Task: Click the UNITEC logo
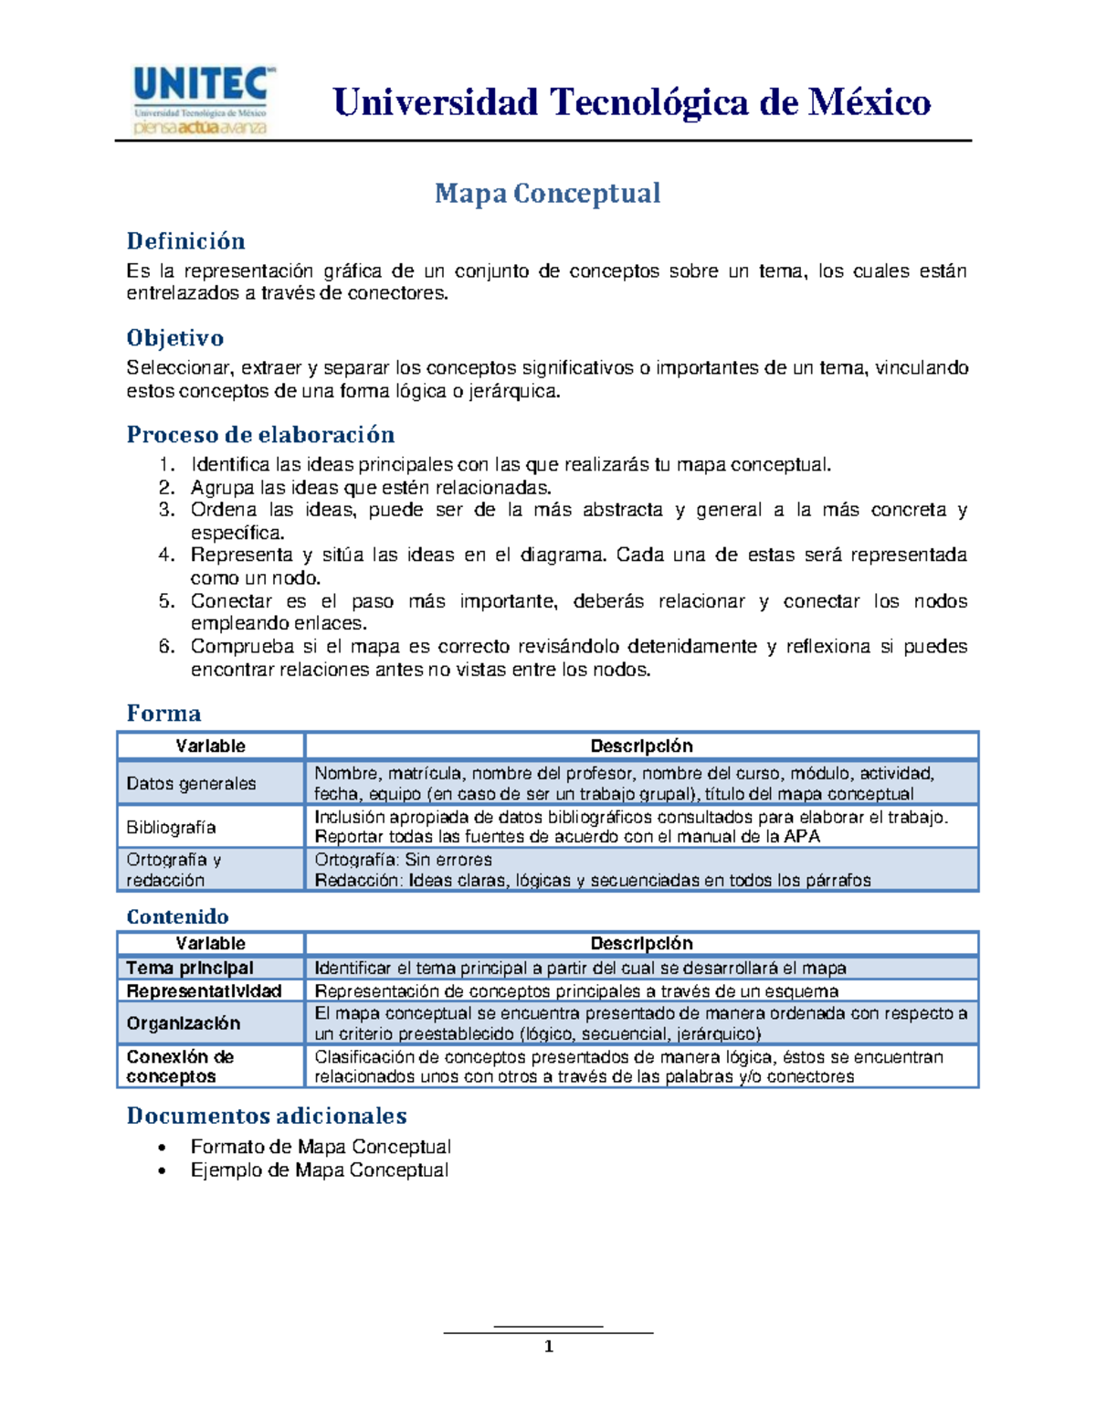pos(201,100)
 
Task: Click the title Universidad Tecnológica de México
pos(632,102)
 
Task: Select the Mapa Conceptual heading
pos(547,193)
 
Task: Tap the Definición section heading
pos(185,241)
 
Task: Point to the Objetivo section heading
pos(174,338)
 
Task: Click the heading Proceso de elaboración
pos(260,434)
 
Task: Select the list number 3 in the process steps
pos(166,510)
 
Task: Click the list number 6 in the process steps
pos(166,647)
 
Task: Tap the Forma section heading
pos(163,713)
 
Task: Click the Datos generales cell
pos(192,783)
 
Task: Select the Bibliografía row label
pos(172,827)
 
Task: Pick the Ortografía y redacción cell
pos(174,870)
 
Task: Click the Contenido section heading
pos(177,916)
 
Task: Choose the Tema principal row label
pos(190,968)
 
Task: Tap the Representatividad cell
pos(204,991)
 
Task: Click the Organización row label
pos(184,1023)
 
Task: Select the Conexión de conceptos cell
pos(180,1066)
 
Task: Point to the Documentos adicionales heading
pos(267,1116)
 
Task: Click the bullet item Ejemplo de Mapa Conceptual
pos(319,1170)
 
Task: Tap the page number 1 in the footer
pos(548,1346)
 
